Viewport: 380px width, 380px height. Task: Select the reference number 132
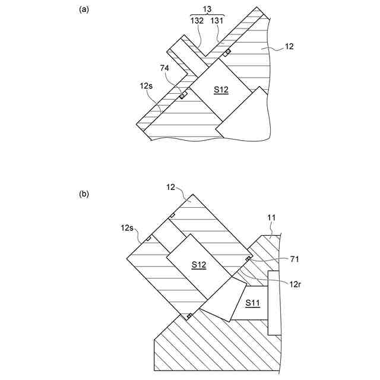[x=197, y=20]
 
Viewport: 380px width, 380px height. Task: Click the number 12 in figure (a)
[x=289, y=46]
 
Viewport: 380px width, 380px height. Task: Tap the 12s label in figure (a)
[x=147, y=86]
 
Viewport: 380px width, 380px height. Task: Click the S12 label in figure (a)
[x=221, y=90]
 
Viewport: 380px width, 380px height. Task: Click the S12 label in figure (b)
[x=198, y=265]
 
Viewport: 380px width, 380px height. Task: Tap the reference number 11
[x=271, y=218]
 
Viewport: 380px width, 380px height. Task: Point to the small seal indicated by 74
[x=183, y=96]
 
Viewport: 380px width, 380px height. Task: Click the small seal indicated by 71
[x=246, y=259]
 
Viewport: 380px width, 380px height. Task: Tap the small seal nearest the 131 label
[x=227, y=52]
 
